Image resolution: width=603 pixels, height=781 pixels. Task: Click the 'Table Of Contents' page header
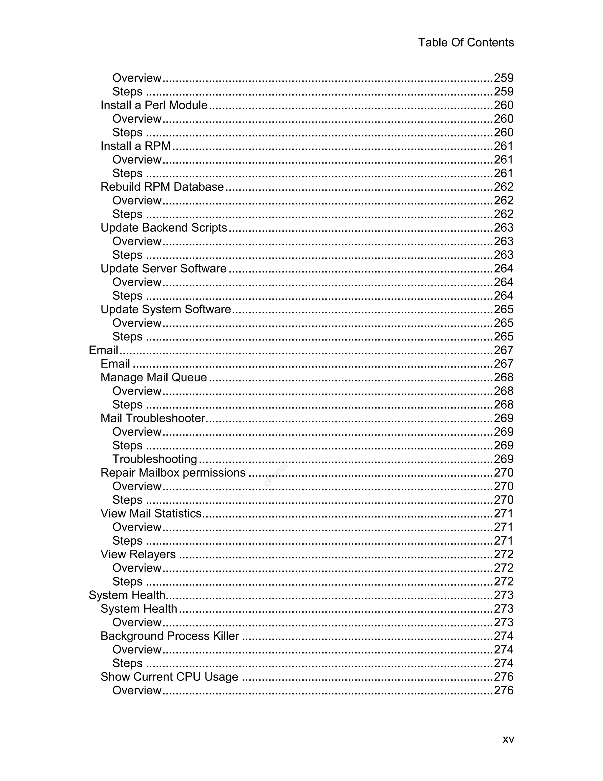465,42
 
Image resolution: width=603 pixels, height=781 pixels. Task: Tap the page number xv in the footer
508,739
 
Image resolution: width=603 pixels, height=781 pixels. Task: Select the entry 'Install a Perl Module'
154,105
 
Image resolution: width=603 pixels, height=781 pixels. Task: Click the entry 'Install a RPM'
135,146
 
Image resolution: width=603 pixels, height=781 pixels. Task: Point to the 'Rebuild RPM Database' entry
162,187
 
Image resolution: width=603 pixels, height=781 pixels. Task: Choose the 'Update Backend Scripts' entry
164,228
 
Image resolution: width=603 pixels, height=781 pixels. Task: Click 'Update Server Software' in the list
163,268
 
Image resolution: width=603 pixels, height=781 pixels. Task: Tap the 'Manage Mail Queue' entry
154,377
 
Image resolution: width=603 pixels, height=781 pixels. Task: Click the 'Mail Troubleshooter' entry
153,418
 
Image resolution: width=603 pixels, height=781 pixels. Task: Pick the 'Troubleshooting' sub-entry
155,459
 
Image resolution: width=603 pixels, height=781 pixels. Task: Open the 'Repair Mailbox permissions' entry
173,472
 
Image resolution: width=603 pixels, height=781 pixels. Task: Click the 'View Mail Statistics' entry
151,513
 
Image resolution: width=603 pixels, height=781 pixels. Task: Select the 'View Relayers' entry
138,554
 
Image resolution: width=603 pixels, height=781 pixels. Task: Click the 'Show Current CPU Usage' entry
169,677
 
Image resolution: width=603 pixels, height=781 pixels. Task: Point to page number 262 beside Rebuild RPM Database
503,187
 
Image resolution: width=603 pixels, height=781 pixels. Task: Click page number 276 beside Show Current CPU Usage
503,677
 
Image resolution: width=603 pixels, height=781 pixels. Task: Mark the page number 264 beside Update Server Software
503,268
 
